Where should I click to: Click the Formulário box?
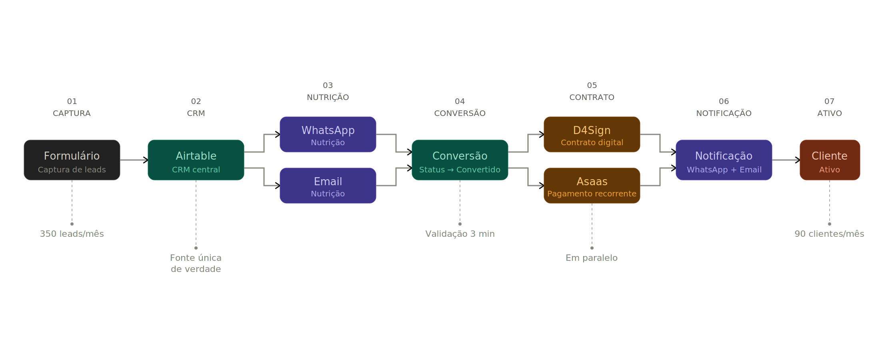click(x=72, y=160)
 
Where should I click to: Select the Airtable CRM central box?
click(x=196, y=160)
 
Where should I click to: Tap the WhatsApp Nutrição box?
click(x=328, y=134)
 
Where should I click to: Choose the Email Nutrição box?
click(x=328, y=186)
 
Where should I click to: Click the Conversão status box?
click(x=460, y=160)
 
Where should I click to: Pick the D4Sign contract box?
click(x=592, y=134)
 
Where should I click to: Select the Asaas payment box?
click(x=592, y=186)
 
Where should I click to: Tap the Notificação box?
click(x=724, y=160)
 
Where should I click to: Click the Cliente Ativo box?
click(x=830, y=160)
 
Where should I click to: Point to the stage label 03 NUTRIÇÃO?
click(x=328, y=92)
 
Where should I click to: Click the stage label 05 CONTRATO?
click(x=592, y=92)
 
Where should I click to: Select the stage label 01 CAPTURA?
click(x=72, y=108)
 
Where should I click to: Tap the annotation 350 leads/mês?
click(x=72, y=234)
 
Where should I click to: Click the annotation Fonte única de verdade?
click(x=196, y=263)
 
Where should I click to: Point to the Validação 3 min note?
click(x=460, y=234)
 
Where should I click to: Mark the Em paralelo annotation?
click(x=592, y=258)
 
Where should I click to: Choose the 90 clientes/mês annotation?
click(x=830, y=234)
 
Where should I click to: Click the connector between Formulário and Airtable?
click(x=134, y=160)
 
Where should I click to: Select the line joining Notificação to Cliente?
click(x=786, y=160)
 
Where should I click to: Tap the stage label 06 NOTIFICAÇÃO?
click(x=724, y=108)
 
